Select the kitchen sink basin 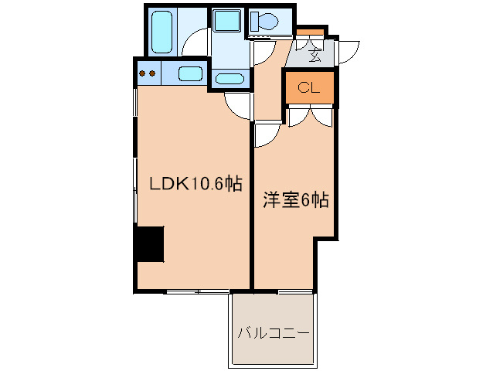189,74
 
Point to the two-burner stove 147,74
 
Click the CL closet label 308,87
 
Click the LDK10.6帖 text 195,183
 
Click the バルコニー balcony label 273,335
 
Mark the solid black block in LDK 149,245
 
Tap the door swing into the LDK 238,105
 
